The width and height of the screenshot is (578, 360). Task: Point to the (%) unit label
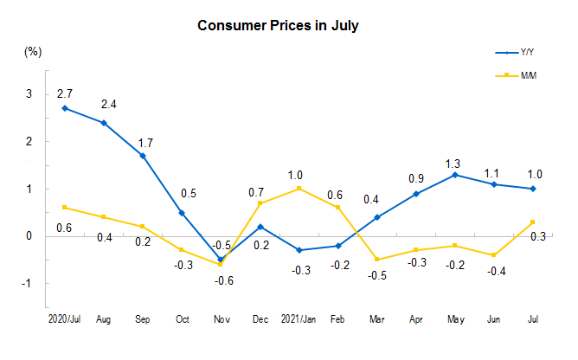click(33, 52)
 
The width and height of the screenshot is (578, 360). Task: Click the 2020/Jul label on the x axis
click(66, 319)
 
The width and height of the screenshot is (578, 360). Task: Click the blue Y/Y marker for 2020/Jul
click(65, 108)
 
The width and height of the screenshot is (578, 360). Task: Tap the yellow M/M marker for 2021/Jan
click(298, 189)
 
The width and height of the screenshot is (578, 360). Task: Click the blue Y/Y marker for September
click(143, 156)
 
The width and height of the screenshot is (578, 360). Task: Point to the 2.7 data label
click(65, 92)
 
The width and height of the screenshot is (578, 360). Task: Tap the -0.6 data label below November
click(222, 279)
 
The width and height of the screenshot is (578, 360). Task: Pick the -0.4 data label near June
click(495, 271)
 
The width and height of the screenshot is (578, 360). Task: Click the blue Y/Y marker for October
click(182, 212)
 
